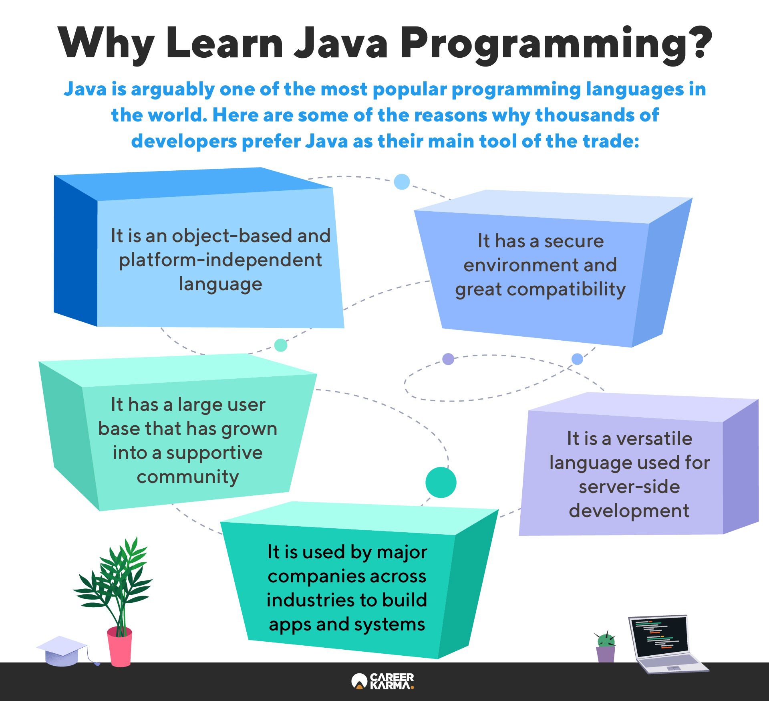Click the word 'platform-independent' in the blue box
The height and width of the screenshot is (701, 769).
[x=220, y=260]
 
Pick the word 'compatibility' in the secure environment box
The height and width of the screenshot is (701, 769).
[x=566, y=289]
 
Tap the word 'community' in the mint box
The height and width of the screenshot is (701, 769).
[x=188, y=477]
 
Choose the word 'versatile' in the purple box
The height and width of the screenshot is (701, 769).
[x=654, y=438]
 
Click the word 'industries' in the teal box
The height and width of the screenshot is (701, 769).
[x=310, y=600]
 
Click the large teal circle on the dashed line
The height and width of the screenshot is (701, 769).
[x=441, y=482]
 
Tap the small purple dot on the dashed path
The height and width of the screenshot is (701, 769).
[x=448, y=359]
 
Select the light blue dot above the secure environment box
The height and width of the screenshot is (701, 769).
[x=402, y=182]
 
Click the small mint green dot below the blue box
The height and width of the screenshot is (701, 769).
[x=281, y=345]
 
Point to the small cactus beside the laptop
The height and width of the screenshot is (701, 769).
[x=606, y=646]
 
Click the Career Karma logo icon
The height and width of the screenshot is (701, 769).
[x=359, y=681]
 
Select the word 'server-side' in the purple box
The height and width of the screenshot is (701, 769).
[x=629, y=487]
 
